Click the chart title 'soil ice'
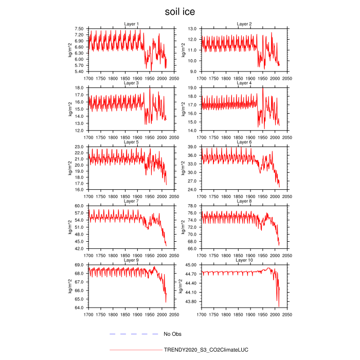click(x=180, y=11)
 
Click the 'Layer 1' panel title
click(x=131, y=24)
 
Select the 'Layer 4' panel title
click(x=244, y=83)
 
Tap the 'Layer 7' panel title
click(x=131, y=201)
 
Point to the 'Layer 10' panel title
click(x=244, y=260)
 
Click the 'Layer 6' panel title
click(x=244, y=142)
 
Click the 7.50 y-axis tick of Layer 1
click(x=79, y=29)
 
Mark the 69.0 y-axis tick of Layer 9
click(x=80, y=265)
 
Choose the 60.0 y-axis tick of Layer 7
click(x=80, y=206)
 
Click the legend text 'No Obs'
click(x=172, y=334)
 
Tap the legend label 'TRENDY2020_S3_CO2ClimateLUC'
click(x=206, y=350)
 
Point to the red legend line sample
click(x=135, y=350)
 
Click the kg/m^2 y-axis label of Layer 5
click(x=70, y=169)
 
